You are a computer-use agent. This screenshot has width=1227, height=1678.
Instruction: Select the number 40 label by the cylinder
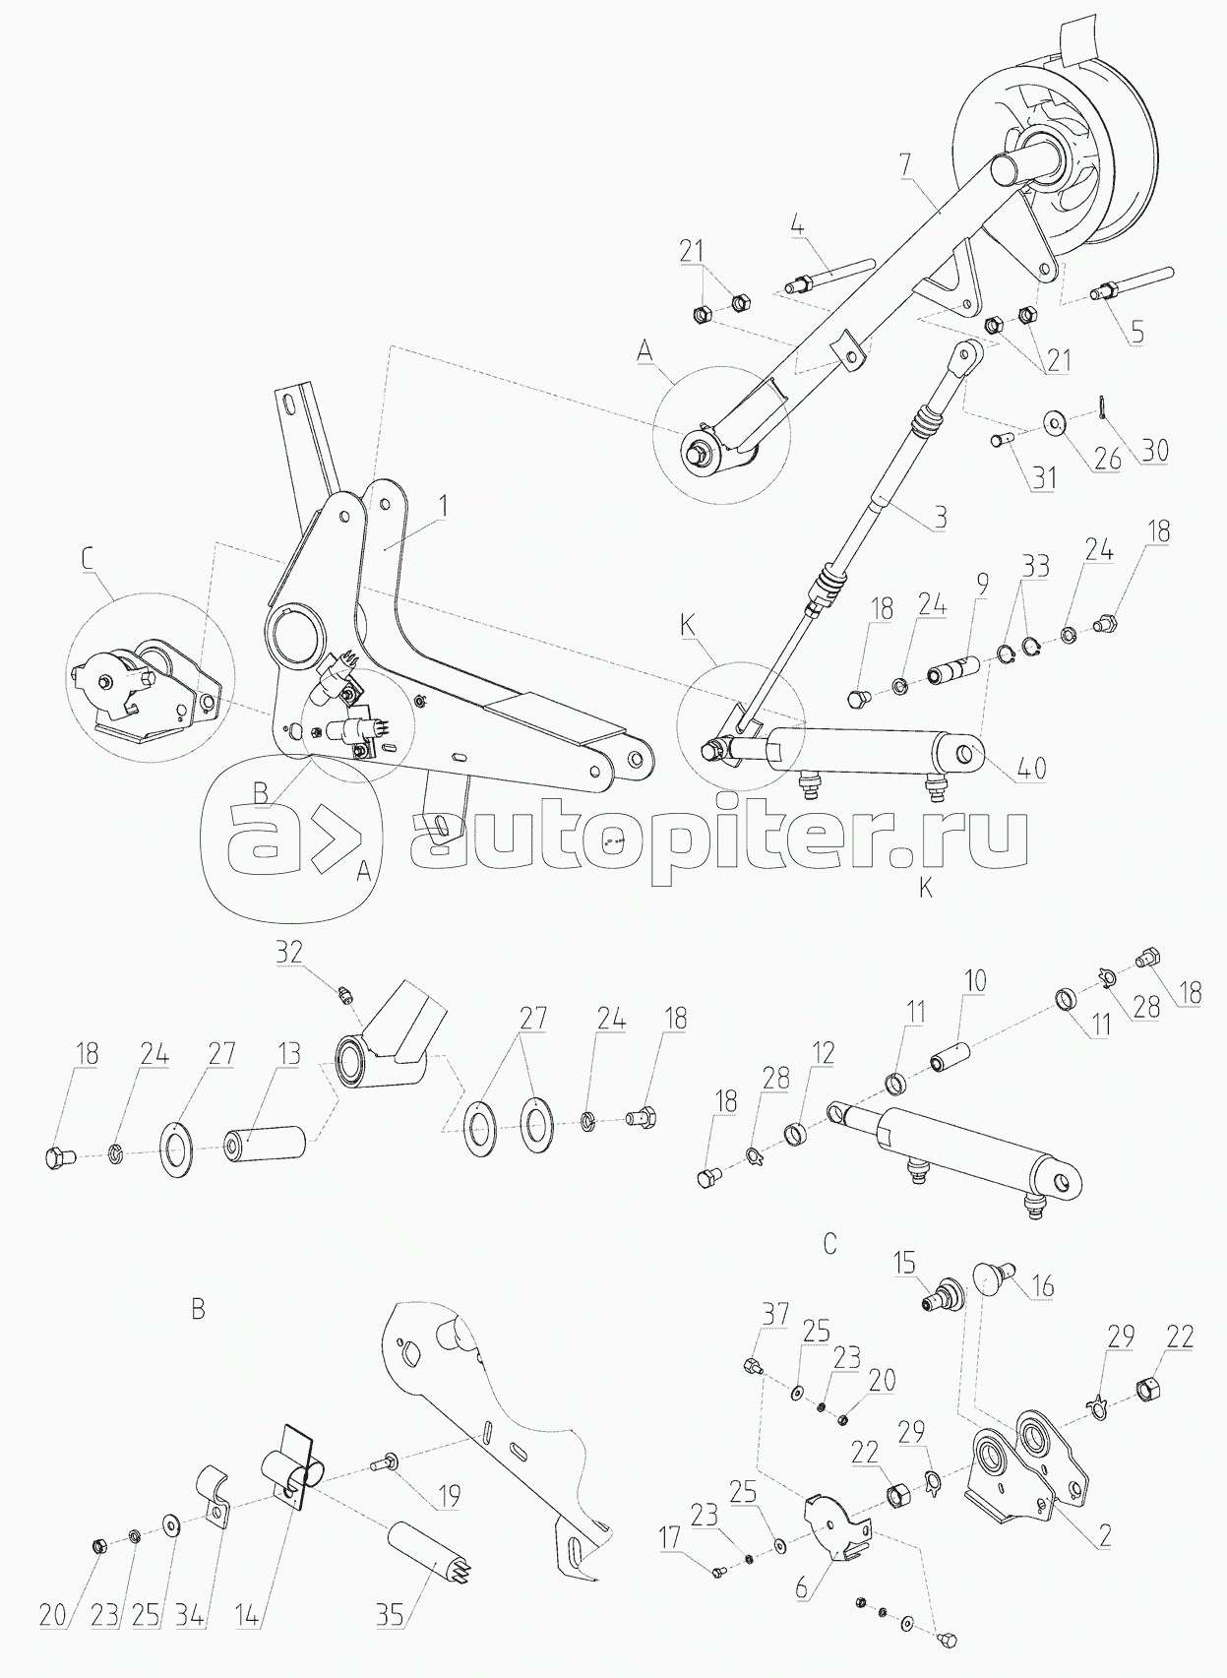coord(1031,767)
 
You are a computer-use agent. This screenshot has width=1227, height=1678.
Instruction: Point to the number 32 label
coord(289,952)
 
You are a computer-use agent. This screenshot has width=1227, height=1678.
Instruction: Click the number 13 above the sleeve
coord(287,1054)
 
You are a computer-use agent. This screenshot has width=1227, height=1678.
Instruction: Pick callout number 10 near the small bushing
coord(975,980)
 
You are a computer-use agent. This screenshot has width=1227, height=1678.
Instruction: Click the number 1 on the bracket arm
coord(444,507)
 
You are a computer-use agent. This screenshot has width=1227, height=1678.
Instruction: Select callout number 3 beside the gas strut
coord(941,517)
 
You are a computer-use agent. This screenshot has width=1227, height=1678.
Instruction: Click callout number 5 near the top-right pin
coord(1137,331)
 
